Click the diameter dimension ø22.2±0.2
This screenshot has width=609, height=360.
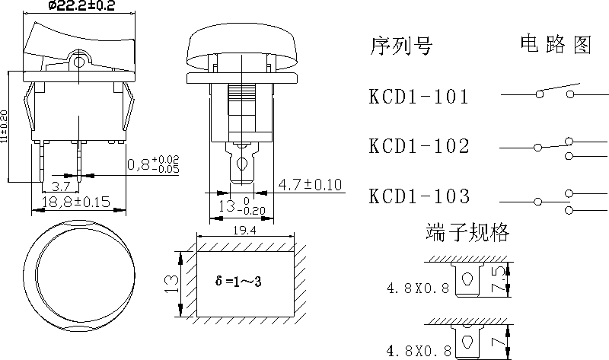tap(81, 7)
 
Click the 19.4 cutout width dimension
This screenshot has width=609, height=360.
tap(244, 228)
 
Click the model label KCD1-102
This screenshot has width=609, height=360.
tap(419, 146)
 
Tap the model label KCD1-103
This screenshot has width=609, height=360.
tap(419, 196)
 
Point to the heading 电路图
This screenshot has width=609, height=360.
tap(556, 46)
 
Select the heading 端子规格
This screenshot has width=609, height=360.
tap(468, 232)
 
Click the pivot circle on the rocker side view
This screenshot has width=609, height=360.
tap(78, 59)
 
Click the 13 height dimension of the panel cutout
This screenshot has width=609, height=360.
tap(171, 284)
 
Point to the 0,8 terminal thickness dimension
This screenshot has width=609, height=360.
tap(151, 164)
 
